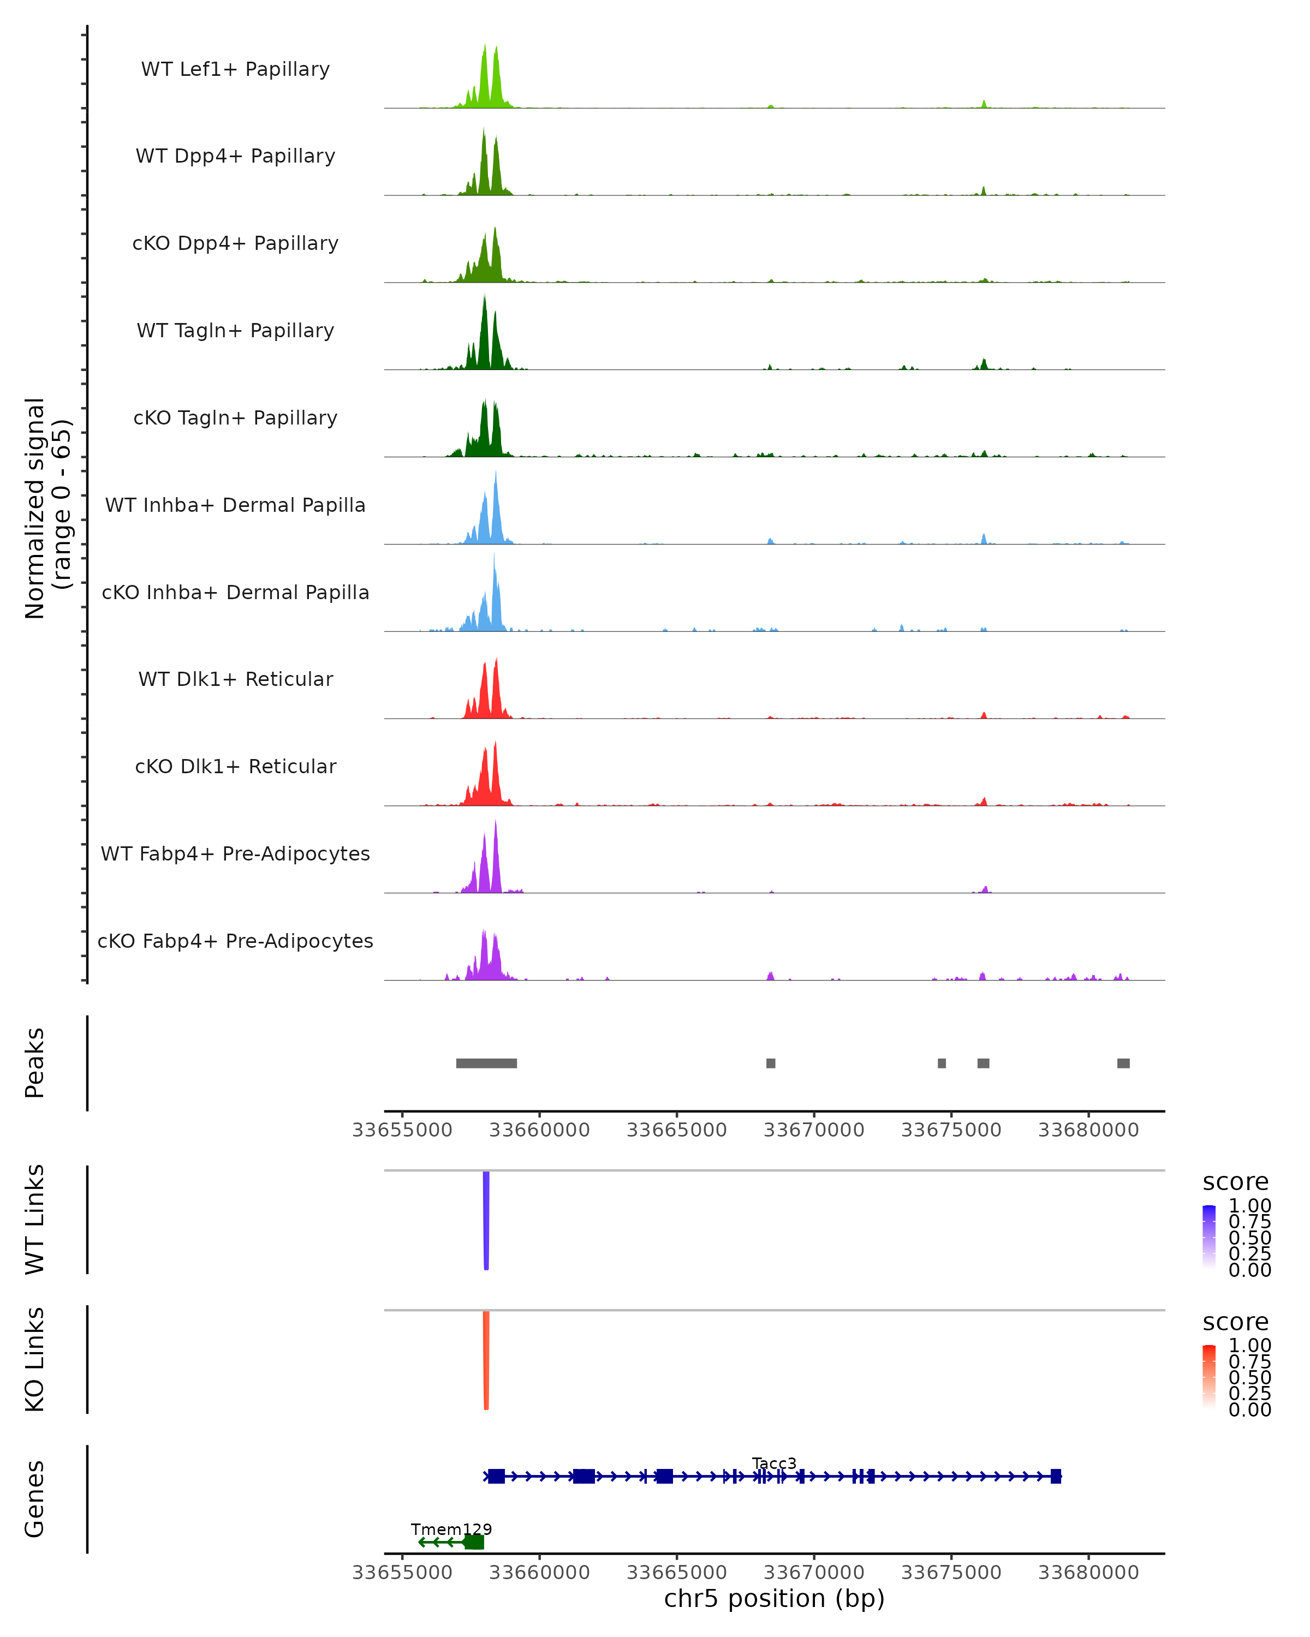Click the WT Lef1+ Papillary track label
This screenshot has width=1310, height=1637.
click(235, 69)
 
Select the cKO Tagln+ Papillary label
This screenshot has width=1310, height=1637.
click(235, 417)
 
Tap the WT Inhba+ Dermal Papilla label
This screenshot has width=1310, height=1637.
click(235, 505)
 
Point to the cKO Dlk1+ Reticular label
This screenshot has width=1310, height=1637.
click(235, 766)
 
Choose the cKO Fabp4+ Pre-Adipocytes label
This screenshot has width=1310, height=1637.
click(235, 941)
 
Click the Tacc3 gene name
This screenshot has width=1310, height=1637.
click(774, 1463)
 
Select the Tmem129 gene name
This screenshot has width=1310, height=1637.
click(451, 1529)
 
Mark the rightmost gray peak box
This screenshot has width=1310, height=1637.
click(1123, 1063)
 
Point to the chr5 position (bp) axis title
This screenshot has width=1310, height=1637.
click(774, 1598)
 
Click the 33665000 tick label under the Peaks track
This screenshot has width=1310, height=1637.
click(677, 1130)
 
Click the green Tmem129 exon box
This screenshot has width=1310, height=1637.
click(474, 1542)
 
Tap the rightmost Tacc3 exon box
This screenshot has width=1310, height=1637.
click(1056, 1476)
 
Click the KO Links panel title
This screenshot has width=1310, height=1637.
click(35, 1359)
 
